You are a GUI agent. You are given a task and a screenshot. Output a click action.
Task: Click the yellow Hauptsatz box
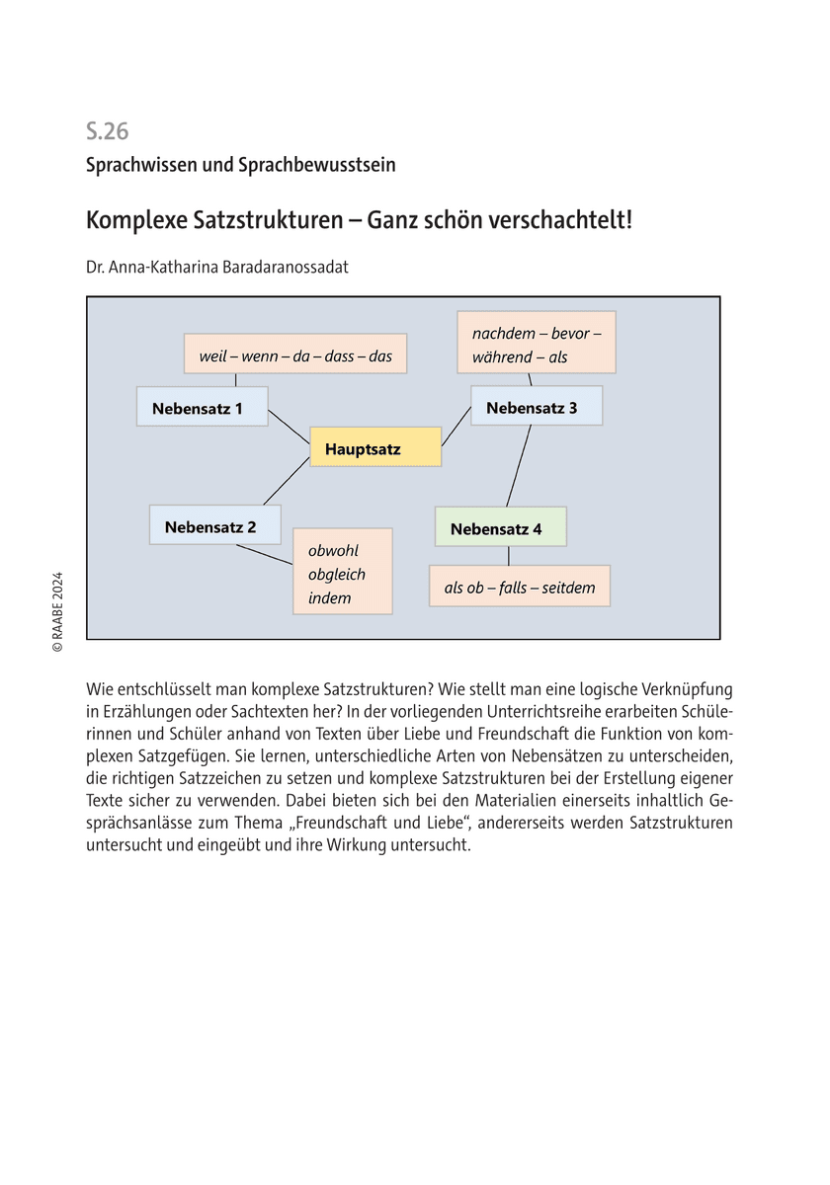pyautogui.click(x=375, y=447)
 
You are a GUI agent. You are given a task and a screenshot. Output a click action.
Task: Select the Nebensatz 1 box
pyautogui.click(x=202, y=407)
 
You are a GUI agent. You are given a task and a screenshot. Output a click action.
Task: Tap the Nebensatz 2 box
pyautogui.click(x=214, y=525)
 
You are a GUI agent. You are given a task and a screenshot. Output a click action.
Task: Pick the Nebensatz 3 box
pyautogui.click(x=536, y=406)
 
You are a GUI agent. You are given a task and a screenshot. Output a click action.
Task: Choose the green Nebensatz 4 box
pyautogui.click(x=500, y=527)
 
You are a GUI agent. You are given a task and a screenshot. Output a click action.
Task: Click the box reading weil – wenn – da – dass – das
pyautogui.click(x=294, y=354)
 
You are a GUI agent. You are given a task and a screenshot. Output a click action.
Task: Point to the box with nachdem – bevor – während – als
pyautogui.click(x=536, y=343)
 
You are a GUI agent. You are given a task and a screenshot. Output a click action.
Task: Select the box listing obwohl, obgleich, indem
pyautogui.click(x=342, y=572)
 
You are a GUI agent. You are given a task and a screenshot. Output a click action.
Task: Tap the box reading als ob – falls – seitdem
pyautogui.click(x=519, y=587)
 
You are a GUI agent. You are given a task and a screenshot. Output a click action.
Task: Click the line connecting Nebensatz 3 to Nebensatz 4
pyautogui.click(x=519, y=466)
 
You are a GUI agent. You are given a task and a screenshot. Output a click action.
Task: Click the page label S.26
pyautogui.click(x=107, y=131)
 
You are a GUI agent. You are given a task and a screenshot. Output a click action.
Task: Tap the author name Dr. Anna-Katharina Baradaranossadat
pyautogui.click(x=217, y=267)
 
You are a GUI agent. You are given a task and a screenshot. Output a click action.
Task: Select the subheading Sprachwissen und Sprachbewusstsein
pyautogui.click(x=240, y=165)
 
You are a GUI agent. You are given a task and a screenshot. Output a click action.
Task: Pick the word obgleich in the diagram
pyautogui.click(x=336, y=574)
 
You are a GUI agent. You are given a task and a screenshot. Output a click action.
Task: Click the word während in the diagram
pyautogui.click(x=502, y=357)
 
